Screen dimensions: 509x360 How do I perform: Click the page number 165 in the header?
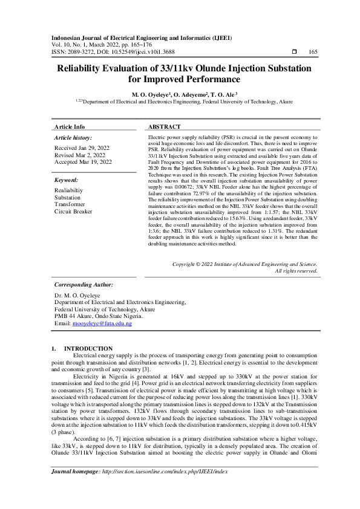pos(313,53)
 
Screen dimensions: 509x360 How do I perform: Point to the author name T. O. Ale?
pos(223,95)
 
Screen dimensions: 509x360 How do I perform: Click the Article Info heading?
pos(70,127)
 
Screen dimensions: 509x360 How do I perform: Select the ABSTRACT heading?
pos(165,127)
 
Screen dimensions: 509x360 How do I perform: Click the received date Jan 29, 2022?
pos(82,148)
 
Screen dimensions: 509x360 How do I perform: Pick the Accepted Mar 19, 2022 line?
pos(83,162)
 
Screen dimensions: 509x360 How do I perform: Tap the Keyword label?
pos(66,180)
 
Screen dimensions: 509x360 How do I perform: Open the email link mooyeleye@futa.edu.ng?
pos(102,324)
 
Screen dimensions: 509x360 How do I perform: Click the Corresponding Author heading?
pos(83,284)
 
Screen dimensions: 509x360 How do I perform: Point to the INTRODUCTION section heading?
pos(88,348)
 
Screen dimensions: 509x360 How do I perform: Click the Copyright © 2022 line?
pos(244,264)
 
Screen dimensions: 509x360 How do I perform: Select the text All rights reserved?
pos(296,271)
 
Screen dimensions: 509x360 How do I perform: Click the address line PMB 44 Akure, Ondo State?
pos(99,316)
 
